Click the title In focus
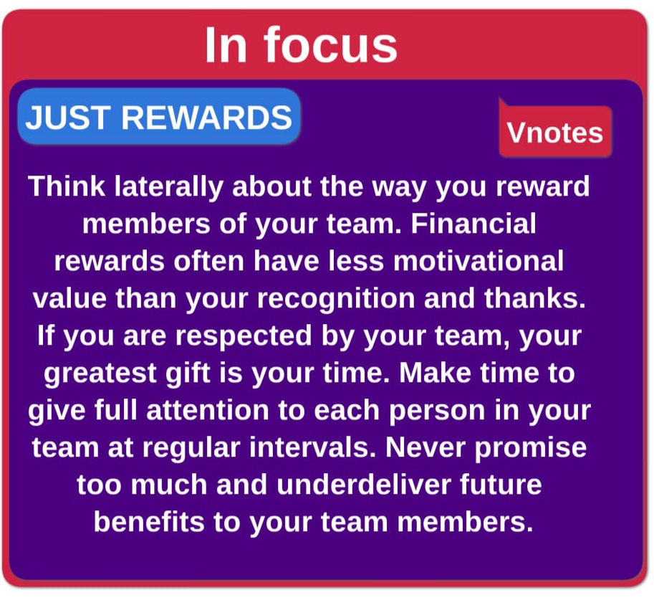[301, 44]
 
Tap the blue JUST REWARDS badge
[159, 117]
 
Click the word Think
[67, 186]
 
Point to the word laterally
[169, 187]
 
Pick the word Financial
[473, 224]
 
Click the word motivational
[479, 261]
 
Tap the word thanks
[535, 298]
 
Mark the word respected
[244, 336]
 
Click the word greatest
[100, 373]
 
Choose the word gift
[188, 373]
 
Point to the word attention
[208, 411]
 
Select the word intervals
[313, 447]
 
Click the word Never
[425, 447]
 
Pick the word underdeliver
[364, 485]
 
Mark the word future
[501, 485]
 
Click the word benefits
[149, 522]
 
